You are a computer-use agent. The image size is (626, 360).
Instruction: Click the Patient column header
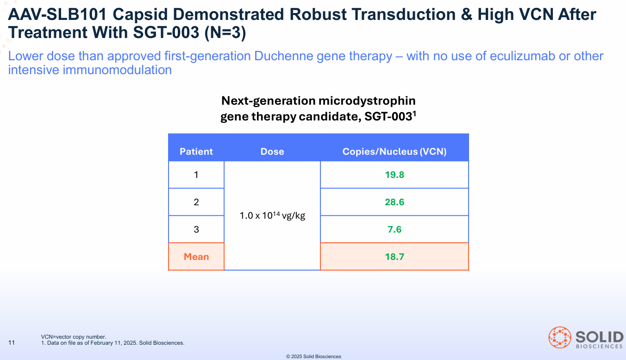coord(196,152)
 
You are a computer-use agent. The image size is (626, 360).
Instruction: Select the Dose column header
coord(272,152)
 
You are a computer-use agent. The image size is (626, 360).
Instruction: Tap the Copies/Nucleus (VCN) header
coord(394,152)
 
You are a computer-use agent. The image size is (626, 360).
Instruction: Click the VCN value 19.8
coord(394,175)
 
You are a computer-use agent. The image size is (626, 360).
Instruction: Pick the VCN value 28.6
coord(394,202)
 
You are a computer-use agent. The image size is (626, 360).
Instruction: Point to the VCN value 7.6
coord(394,229)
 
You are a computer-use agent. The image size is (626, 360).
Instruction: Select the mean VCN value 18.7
coord(394,257)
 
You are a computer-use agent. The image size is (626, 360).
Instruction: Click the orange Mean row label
coord(196,257)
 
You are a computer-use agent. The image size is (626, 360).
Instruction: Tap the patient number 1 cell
coord(196,175)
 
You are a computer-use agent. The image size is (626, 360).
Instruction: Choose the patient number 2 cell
coord(196,202)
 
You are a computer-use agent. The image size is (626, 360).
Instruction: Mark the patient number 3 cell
coord(196,229)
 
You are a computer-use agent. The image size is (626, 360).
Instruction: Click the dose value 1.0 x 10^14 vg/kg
coord(272,215)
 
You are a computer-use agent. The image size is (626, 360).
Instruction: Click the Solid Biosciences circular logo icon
coord(560,338)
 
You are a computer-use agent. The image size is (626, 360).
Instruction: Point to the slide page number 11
coord(12,343)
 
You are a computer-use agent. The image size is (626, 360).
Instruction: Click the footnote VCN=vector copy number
coord(74,337)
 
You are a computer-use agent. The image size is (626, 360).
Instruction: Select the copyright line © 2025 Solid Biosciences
coord(313,356)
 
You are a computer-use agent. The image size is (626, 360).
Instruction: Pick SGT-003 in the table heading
coord(388,117)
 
